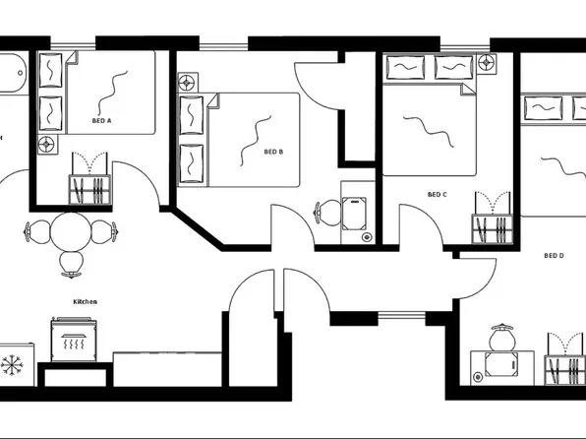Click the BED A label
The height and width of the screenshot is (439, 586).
[101, 121]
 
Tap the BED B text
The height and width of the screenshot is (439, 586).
[273, 152]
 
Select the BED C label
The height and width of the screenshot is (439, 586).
[438, 195]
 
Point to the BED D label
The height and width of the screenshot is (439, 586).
[554, 256]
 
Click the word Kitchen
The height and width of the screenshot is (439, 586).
[86, 301]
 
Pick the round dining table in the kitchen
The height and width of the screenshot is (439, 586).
[71, 232]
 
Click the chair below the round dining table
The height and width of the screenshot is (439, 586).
[71, 264]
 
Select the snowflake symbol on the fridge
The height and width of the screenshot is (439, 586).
[12, 365]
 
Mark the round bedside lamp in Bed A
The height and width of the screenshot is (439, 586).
[46, 144]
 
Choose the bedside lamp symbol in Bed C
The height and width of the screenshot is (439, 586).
[487, 63]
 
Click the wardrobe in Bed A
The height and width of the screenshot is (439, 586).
[89, 190]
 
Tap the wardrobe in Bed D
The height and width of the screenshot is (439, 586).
[565, 370]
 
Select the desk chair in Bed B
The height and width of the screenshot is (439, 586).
[327, 214]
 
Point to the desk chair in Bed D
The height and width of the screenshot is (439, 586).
[502, 338]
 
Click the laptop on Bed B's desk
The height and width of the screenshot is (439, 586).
[354, 214]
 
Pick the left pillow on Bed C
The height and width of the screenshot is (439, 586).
[405, 67]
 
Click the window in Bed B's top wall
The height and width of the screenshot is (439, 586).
[223, 47]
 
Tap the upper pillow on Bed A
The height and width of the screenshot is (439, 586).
[51, 70]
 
